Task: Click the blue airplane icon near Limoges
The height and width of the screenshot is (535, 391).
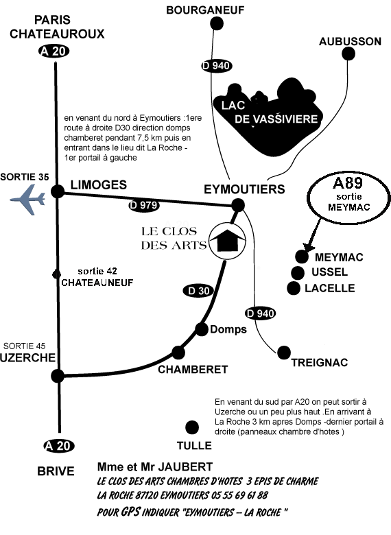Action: coord(28,200)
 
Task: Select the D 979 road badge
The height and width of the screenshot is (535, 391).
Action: coord(144,205)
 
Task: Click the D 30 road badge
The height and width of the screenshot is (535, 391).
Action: coord(198,291)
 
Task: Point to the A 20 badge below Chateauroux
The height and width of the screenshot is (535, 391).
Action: coord(54,51)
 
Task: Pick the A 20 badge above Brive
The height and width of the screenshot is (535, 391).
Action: coord(59,446)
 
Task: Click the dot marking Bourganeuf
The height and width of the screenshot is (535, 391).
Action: coord(216,23)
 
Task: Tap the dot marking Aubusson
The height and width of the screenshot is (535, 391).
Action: coord(348,53)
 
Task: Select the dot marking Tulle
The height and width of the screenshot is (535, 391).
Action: coord(192,427)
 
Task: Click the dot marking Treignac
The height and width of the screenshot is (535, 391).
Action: coord(284,353)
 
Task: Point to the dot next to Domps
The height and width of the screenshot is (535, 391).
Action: coord(202,329)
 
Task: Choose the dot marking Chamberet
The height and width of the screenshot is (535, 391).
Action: coord(178,353)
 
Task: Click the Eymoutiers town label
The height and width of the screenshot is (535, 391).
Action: coord(244,189)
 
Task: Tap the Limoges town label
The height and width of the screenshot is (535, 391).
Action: coord(99,185)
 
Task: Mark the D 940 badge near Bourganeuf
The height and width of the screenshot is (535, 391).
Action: coord(216,66)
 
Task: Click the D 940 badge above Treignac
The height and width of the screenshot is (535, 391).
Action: coord(261,313)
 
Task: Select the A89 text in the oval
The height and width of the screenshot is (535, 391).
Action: coord(347,183)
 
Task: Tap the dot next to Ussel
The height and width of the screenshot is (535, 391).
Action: coord(298,272)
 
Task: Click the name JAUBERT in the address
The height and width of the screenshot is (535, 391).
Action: coord(187,467)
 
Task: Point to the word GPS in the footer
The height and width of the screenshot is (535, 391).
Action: coord(130,512)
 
